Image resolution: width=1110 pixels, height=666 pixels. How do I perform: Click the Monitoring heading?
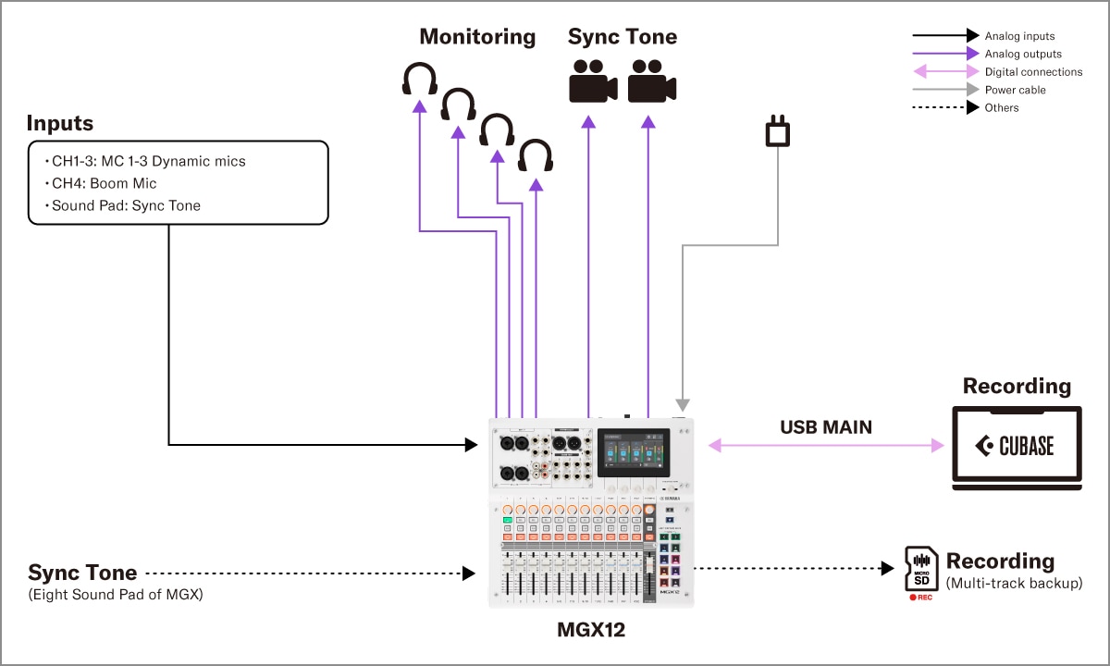tap(477, 37)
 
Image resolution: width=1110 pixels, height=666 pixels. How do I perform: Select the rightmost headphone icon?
tap(536, 155)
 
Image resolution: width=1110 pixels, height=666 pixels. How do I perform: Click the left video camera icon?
tap(593, 81)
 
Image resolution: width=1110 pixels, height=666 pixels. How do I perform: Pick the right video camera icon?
tap(652, 81)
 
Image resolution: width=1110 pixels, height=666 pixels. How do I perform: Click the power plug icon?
tap(777, 131)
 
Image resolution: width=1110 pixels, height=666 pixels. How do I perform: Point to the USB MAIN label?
tap(826, 427)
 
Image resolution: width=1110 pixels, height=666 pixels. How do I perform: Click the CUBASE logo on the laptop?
tap(1016, 446)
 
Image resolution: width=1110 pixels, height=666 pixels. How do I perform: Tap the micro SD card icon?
tap(919, 569)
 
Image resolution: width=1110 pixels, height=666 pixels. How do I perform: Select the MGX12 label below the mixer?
tap(591, 631)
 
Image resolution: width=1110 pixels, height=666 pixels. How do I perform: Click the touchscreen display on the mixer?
tap(632, 453)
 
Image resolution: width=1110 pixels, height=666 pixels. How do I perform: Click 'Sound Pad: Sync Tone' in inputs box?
tap(125, 205)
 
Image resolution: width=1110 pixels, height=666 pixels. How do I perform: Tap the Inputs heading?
tap(59, 123)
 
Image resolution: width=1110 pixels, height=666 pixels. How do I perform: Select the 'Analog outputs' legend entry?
tap(1023, 54)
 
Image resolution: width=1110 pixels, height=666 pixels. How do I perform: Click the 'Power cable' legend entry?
tap(1016, 90)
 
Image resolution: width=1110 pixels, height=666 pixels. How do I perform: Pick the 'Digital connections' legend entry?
tap(1033, 71)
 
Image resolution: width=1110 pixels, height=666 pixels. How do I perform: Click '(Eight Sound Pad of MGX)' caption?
tap(116, 594)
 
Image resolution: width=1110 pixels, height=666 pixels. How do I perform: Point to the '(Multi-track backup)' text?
tap(1014, 583)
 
